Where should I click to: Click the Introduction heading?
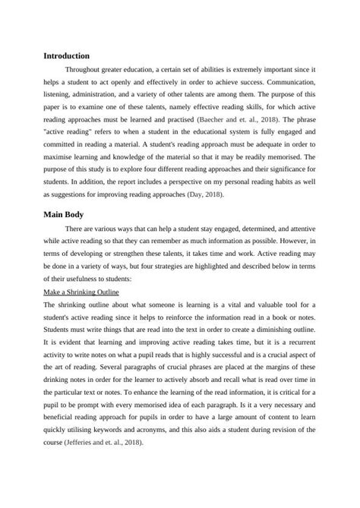(67, 56)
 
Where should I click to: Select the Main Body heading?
(65, 215)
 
